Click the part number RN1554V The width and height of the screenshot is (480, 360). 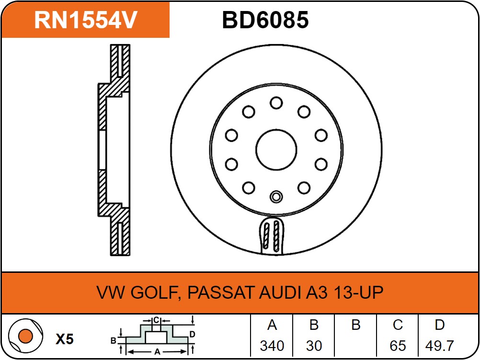click(86, 20)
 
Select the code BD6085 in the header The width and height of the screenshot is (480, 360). click(265, 20)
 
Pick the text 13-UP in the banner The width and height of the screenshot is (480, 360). click(357, 292)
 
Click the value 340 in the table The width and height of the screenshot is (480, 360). click(272, 345)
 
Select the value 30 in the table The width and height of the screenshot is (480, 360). click(314, 345)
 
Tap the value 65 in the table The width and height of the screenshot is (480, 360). click(398, 345)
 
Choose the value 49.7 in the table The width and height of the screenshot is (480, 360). click(439, 345)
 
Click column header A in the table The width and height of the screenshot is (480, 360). click(272, 326)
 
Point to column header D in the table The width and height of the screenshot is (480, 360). click(439, 326)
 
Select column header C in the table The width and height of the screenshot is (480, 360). click(398, 326)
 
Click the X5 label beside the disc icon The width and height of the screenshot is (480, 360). click(65, 339)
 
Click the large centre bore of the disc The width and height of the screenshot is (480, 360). click(276, 149)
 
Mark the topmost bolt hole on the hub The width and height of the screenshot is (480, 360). click(276, 102)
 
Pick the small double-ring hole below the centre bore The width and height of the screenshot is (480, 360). click(276, 196)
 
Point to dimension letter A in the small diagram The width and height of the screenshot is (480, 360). click(157, 351)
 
